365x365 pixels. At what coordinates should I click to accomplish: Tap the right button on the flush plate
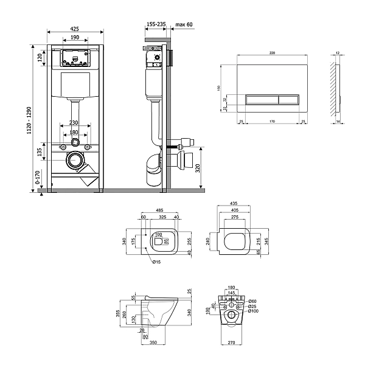tap(288, 97)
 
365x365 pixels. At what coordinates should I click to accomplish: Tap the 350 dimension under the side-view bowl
tap(153, 343)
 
